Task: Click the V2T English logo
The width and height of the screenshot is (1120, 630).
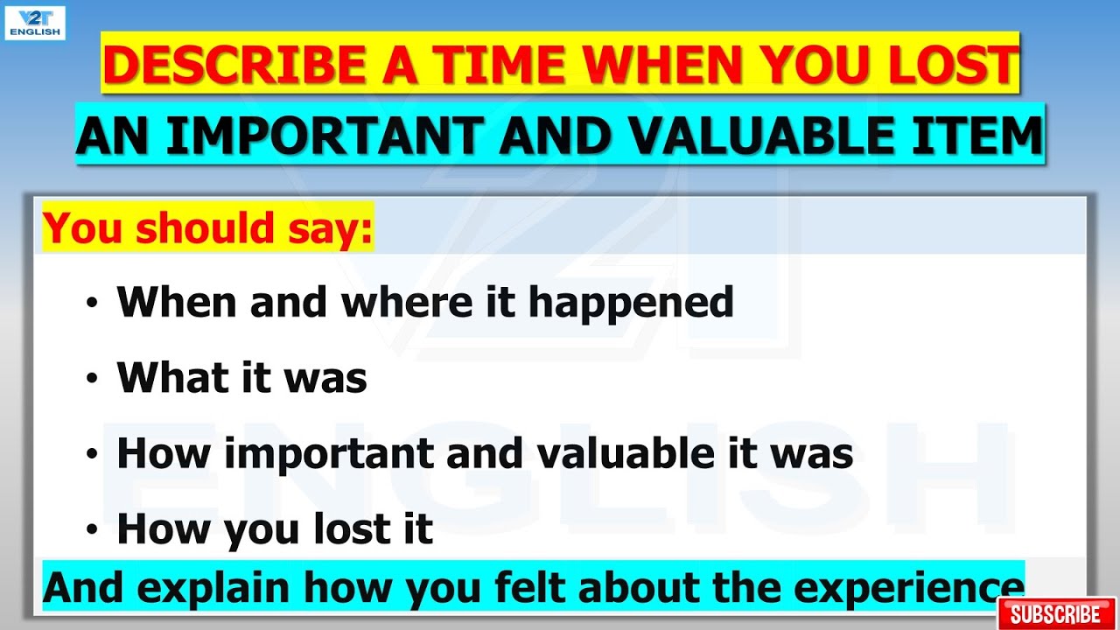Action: point(35,22)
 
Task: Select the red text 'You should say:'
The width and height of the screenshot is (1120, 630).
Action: point(208,228)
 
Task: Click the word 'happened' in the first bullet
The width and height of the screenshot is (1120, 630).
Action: point(631,303)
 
